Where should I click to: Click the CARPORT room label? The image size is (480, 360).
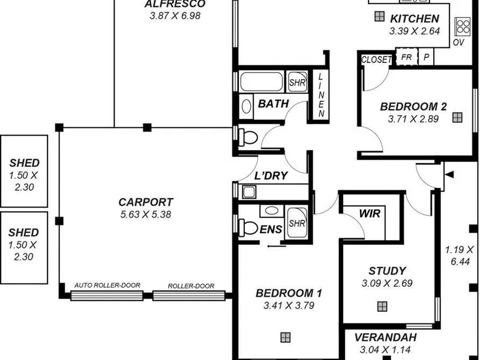pos(146,202)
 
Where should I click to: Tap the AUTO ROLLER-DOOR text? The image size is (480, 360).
pos(107,286)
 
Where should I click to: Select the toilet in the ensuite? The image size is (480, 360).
pos(248,227)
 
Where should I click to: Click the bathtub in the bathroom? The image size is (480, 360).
pos(262,82)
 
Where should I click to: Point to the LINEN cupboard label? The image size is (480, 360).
pos(320,95)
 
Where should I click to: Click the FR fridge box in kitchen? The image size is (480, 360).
pos(407,57)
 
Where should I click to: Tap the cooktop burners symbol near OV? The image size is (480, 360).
pos(462,26)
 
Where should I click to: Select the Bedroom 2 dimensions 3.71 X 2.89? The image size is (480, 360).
pos(413,119)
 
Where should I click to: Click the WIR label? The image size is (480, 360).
pos(370,214)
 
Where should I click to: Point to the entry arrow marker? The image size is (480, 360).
pos(449,175)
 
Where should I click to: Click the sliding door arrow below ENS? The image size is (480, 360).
pos(277,246)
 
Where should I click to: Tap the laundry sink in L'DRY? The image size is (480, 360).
pos(249,192)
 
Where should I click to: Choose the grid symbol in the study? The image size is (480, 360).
pos(382,306)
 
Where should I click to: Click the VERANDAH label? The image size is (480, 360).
pos(385,337)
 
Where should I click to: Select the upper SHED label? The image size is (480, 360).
pos(25,163)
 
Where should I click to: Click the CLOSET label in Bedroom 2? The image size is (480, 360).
pos(376,59)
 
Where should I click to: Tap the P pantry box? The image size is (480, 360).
pos(426,57)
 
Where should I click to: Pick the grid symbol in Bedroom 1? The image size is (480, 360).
pos(286,337)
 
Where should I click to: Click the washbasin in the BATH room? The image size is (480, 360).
pos(246,107)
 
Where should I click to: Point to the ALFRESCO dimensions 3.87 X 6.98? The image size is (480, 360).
pos(175,16)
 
